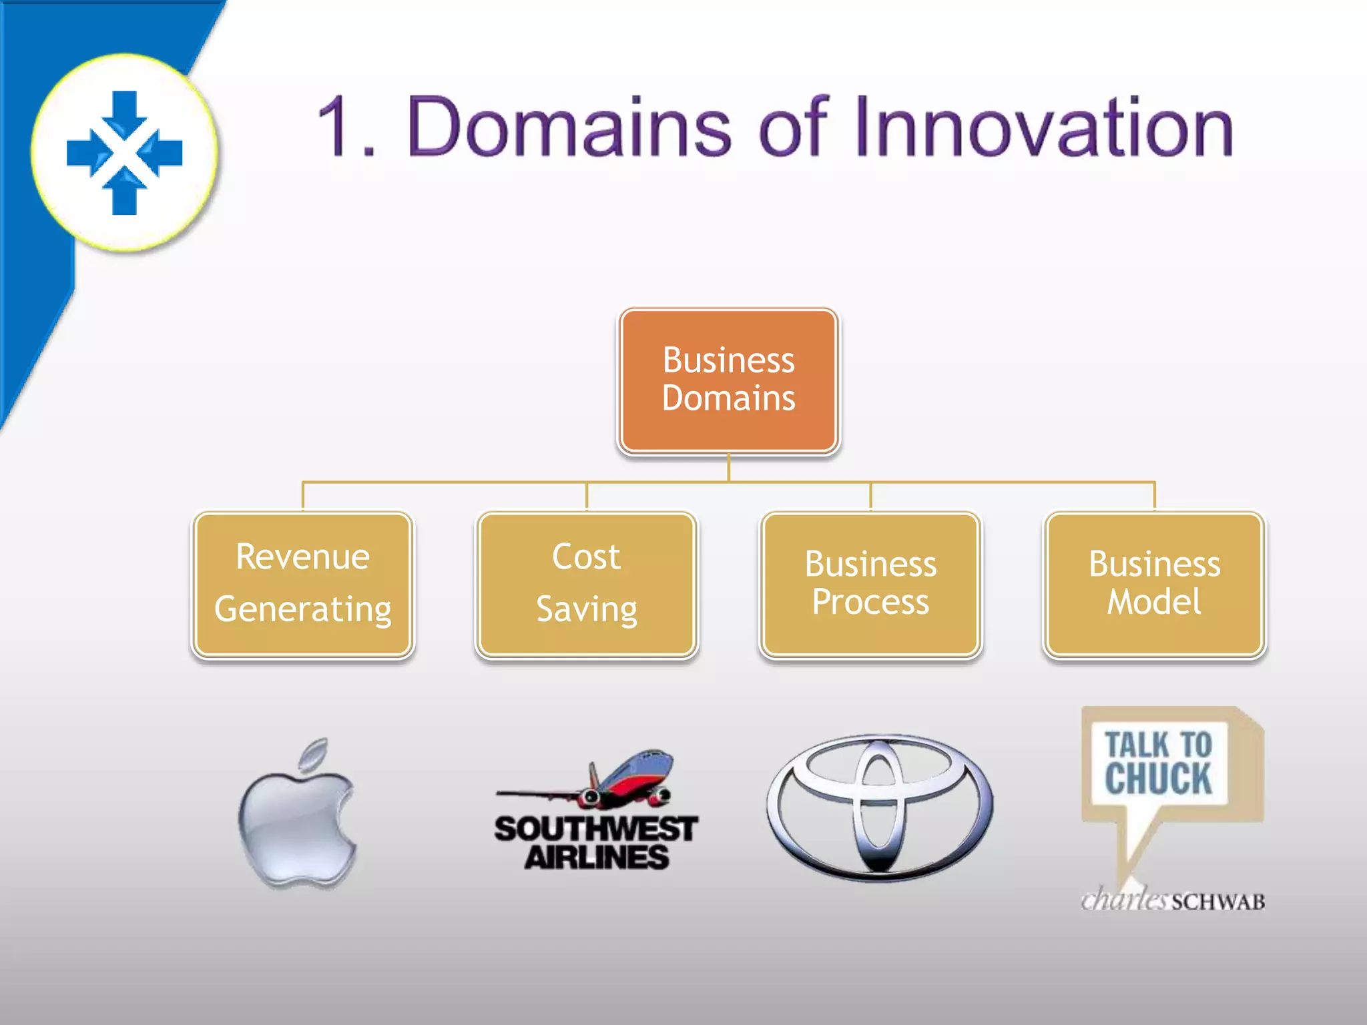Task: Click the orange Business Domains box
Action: (728, 380)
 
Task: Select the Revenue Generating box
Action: (302, 584)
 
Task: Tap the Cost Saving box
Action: (587, 584)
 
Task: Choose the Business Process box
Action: (870, 584)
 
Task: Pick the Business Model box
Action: (1154, 584)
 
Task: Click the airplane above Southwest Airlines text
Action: (601, 781)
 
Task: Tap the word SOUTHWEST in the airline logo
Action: (595, 829)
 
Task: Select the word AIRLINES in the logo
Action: (596, 858)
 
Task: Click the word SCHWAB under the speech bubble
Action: (1218, 902)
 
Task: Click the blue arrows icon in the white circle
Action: (125, 153)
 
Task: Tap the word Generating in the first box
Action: (302, 609)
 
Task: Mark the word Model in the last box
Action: (1154, 602)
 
